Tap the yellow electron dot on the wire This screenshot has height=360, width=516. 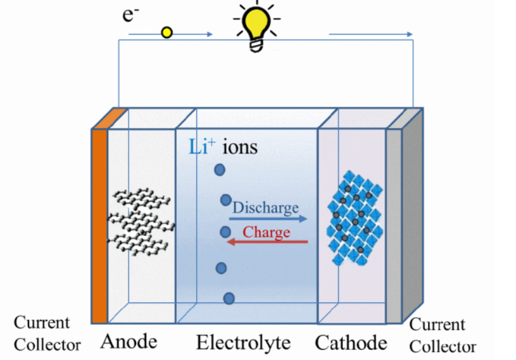click(167, 32)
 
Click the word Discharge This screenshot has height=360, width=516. click(265, 207)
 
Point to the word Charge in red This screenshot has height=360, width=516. click(266, 232)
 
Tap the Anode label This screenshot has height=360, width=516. click(129, 342)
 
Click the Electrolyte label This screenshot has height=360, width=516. click(243, 343)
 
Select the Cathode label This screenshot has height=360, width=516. click(351, 343)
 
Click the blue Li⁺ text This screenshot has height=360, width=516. click(202, 147)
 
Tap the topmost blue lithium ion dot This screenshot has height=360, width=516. click(219, 170)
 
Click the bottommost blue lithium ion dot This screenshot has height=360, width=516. click(229, 298)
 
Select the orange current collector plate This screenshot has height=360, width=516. click(99, 225)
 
